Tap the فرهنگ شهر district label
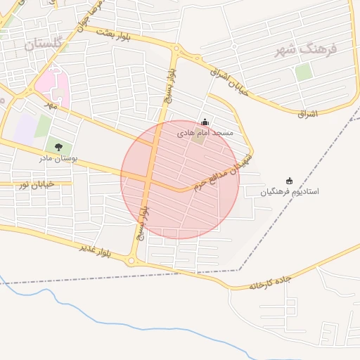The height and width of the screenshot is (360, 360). pos(307,49)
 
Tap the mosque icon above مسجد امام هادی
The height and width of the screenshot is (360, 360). pos(205,121)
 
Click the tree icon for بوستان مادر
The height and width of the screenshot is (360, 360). pos(58,147)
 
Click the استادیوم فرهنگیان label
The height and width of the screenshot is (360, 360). pos(290,191)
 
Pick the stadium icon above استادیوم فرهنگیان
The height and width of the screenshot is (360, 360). pos(289,181)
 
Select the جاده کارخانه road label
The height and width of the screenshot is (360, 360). pos(270,282)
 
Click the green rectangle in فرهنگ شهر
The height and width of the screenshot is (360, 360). pos(303,72)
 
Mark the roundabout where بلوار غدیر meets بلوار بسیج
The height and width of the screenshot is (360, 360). pos(131,262)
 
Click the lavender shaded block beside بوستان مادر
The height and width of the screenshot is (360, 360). pos(26,128)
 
